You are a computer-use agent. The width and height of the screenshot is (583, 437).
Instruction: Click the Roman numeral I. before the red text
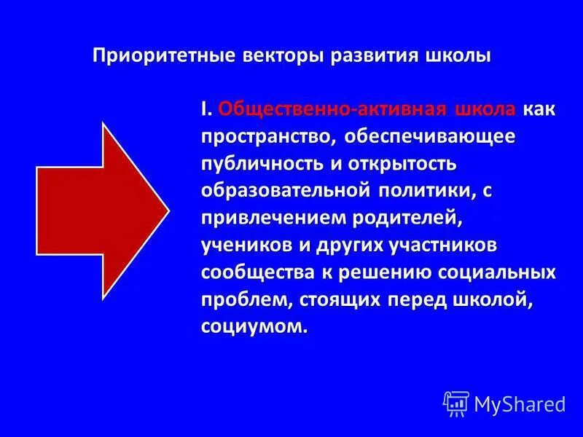point(207,109)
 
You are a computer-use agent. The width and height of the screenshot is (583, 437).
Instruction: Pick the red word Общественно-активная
point(332,109)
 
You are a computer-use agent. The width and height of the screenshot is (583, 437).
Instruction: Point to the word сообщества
point(254,273)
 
